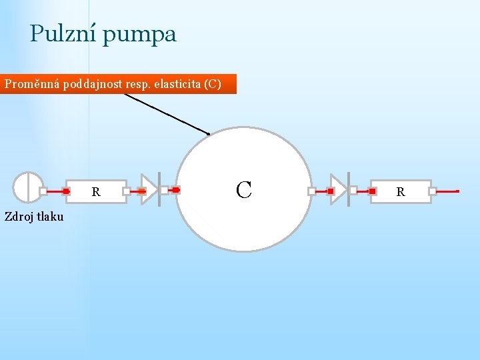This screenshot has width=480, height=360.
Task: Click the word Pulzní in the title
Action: click(63, 33)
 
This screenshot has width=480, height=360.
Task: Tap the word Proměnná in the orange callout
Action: click(32, 85)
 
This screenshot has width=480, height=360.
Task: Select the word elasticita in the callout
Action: click(177, 85)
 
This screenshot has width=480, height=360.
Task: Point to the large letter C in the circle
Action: click(244, 190)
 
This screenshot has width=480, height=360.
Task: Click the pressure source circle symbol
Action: click(27, 187)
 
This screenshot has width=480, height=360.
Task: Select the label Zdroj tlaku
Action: click(34, 216)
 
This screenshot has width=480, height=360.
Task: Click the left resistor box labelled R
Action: click(96, 191)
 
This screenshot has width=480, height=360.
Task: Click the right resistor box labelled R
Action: click(401, 191)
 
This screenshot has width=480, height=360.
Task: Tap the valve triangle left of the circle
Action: click(149, 190)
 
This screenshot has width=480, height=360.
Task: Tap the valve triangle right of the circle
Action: click(339, 190)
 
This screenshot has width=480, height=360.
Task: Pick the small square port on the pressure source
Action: click(43, 191)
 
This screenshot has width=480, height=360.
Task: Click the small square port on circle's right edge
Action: click(311, 191)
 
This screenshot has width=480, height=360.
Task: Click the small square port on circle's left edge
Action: click(164, 190)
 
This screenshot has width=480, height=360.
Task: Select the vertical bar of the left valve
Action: click(159, 189)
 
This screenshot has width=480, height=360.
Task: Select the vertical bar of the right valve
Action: click(348, 189)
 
